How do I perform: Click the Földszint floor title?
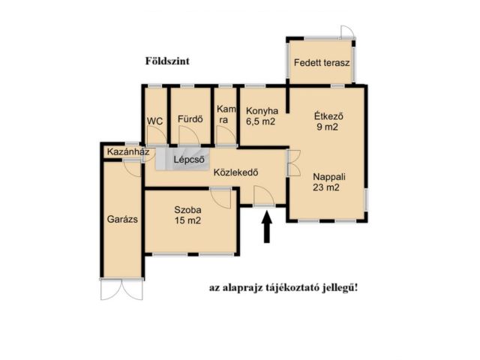[167, 61]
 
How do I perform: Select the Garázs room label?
[122, 219]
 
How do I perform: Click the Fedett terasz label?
[322, 63]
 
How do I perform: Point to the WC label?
[155, 121]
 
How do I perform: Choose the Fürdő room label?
[190, 118]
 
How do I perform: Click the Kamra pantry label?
[226, 115]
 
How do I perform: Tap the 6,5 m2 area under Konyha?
[261, 121]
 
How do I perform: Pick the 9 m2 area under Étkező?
[327, 127]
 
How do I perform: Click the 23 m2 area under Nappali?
[326, 187]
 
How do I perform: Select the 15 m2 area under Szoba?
[187, 220]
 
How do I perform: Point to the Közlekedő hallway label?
[235, 172]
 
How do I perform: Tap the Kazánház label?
[128, 151]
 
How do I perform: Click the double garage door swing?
[121, 289]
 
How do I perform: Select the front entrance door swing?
[264, 196]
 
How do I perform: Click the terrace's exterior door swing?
[347, 31]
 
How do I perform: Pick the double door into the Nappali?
[294, 163]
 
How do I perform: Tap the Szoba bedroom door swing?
[220, 199]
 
